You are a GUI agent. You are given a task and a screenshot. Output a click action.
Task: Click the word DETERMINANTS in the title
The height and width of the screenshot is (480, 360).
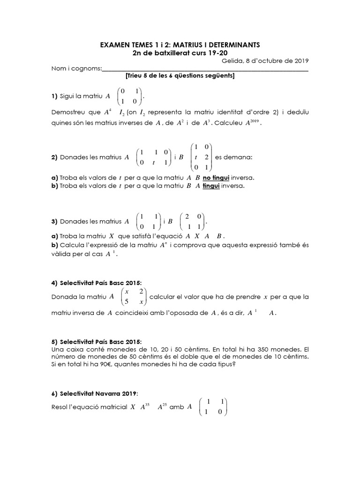click(x=231, y=45)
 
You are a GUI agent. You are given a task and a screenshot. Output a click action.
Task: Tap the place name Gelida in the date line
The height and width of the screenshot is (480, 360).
click(x=232, y=60)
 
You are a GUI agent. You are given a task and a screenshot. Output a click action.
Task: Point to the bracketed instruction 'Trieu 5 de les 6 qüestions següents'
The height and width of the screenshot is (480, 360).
click(x=180, y=76)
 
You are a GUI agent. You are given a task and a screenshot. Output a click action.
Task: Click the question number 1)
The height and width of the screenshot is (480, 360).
click(x=54, y=96)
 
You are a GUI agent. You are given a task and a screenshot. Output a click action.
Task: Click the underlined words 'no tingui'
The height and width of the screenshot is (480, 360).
click(x=217, y=178)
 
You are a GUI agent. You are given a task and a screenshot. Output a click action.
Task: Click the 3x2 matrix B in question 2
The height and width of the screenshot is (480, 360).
click(x=202, y=157)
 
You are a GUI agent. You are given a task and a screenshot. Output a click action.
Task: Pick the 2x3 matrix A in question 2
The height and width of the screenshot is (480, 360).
click(x=152, y=157)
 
